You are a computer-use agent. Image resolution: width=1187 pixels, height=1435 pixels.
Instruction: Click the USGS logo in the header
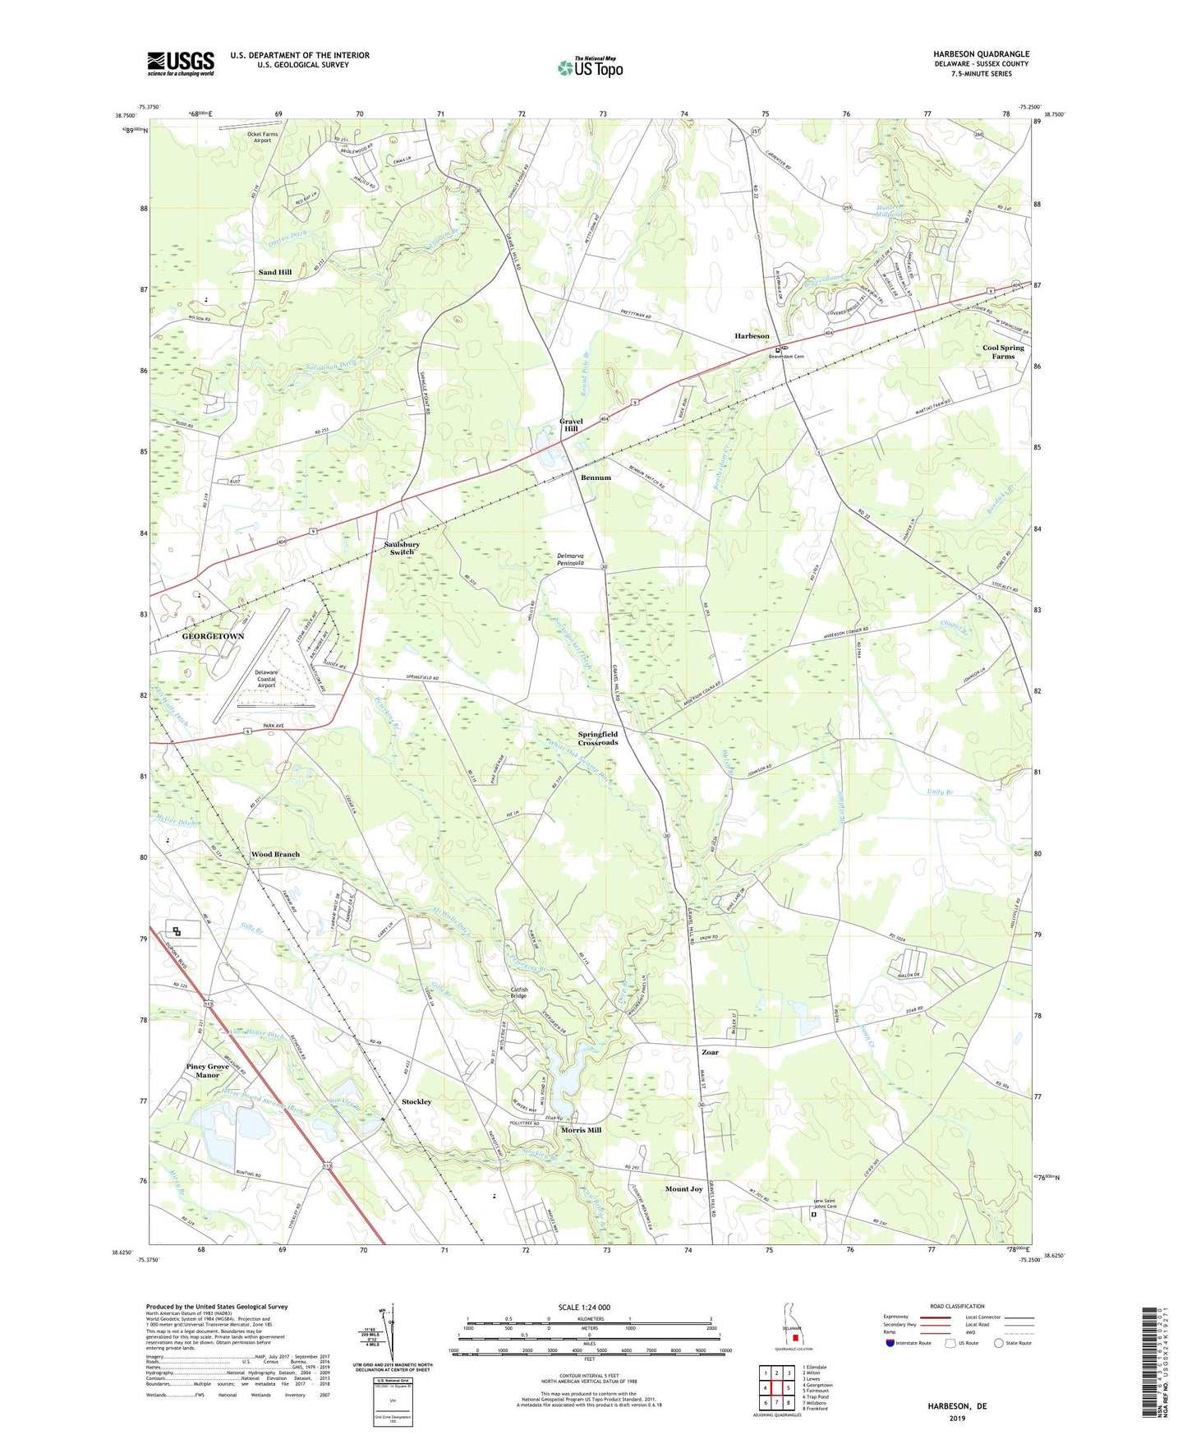point(181,63)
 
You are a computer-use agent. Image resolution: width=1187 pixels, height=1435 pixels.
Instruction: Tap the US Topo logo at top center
point(590,67)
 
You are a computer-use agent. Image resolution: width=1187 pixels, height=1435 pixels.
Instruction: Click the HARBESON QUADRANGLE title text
point(981,53)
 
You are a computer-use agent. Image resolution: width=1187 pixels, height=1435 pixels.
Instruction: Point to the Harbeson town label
point(752,336)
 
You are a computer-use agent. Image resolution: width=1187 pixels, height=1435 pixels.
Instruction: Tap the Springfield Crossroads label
point(597,738)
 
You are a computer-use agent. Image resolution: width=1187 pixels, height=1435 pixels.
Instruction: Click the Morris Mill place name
point(581,1130)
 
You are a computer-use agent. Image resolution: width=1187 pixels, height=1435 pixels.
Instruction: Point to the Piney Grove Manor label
point(207,1071)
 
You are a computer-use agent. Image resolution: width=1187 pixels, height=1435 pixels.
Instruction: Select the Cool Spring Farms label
point(1003,352)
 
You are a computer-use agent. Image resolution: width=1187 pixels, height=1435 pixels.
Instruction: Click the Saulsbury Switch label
point(402,548)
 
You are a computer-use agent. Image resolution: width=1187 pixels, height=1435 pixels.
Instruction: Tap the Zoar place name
point(710,1052)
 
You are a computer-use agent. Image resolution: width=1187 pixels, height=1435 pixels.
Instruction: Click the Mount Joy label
point(683,1188)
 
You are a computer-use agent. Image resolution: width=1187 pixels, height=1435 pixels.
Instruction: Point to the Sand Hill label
point(275,272)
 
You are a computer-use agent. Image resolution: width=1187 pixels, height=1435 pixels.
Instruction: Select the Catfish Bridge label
point(518,993)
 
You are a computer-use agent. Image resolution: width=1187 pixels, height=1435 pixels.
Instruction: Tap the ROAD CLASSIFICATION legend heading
point(956,1306)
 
